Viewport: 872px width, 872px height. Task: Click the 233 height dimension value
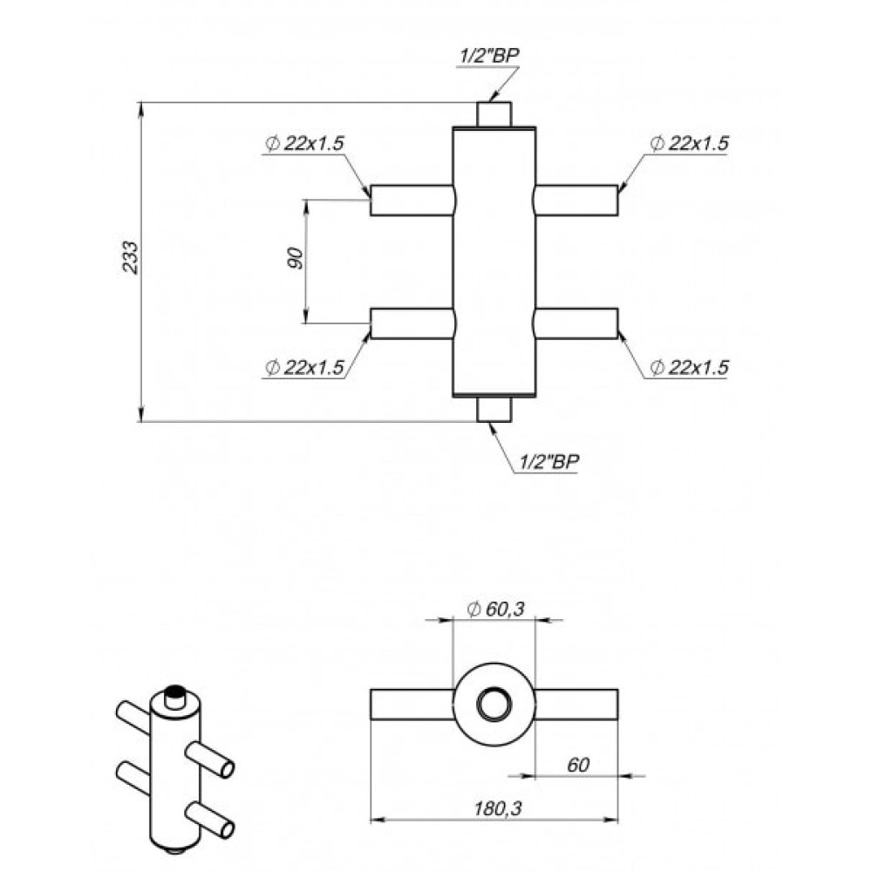[130, 256]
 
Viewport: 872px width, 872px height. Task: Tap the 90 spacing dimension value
[296, 259]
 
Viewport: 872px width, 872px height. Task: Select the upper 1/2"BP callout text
[489, 56]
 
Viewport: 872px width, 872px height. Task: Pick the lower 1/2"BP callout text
[548, 461]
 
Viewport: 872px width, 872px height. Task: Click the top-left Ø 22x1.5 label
[304, 144]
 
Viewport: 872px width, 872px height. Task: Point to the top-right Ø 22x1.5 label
[689, 144]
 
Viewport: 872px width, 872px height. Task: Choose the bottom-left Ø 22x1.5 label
[304, 368]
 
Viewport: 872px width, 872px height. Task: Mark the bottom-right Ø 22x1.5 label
[689, 368]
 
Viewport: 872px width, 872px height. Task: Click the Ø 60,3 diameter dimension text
[495, 609]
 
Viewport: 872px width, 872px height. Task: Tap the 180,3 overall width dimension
[498, 808]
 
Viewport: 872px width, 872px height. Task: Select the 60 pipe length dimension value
[578, 766]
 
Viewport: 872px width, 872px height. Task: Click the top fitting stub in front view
[494, 114]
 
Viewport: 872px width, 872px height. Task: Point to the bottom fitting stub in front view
[494, 409]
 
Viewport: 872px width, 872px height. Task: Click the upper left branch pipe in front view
[412, 201]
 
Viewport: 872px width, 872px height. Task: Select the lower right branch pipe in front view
[576, 324]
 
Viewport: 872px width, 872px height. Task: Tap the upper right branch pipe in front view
[576, 201]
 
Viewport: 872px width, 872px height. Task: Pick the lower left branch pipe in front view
[412, 324]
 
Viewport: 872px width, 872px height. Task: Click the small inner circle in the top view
[494, 705]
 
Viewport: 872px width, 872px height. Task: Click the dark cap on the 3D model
[176, 691]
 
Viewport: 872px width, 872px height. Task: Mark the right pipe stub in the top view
[576, 705]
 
